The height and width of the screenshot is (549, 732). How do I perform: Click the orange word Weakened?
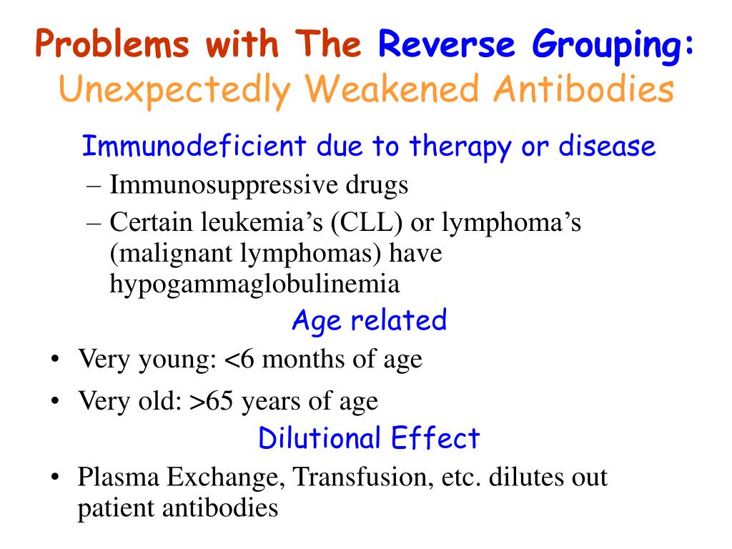[x=392, y=89]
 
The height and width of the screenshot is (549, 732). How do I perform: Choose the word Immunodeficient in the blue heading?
[x=194, y=145]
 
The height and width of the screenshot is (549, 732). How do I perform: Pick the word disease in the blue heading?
[x=608, y=145]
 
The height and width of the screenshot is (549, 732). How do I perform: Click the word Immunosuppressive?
[x=224, y=185]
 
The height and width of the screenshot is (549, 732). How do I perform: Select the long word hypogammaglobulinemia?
[x=254, y=284]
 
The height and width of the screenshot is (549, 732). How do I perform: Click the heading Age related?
[x=370, y=320]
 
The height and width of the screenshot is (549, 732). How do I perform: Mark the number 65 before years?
[x=219, y=401]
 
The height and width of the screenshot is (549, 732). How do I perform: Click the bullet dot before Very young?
[x=55, y=360]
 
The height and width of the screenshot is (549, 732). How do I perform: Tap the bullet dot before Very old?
[x=55, y=401]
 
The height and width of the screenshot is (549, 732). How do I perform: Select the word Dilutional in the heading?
[x=320, y=438]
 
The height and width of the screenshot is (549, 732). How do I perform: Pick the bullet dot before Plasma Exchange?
[x=55, y=478]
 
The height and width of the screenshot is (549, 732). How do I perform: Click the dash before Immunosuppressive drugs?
[x=94, y=186]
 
